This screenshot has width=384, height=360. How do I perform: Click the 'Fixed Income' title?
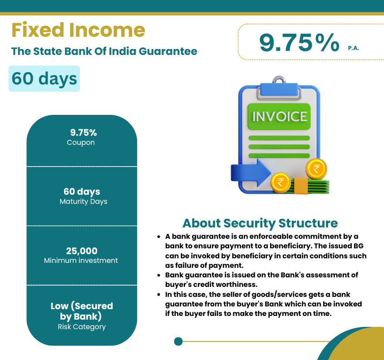pos(78,30)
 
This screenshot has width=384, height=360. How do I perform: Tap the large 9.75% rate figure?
pos(299,43)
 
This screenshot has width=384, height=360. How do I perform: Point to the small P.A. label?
pos(354,48)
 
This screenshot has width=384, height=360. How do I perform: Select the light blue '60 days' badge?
pos(44,79)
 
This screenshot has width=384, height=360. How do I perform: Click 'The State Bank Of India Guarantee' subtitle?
pos(104,51)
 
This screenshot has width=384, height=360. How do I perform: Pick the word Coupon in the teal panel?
pos(81,143)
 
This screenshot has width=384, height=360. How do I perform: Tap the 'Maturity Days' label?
pos(84,202)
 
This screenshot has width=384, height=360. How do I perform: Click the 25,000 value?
pos(82,251)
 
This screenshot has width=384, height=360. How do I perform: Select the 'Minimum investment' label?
pos(81,260)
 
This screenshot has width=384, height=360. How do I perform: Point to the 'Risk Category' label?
pos(82,327)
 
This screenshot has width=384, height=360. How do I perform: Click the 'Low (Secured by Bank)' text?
pos(82,311)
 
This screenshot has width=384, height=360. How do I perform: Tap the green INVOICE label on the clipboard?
pos(279,117)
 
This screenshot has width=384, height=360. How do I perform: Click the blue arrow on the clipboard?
pos(251,173)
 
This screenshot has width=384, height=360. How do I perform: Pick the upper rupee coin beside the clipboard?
pos(316,169)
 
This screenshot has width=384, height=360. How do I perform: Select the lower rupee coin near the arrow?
pos(281,182)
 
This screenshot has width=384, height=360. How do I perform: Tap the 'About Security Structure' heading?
pos(260,223)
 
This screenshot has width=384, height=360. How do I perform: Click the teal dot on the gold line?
pos(178,341)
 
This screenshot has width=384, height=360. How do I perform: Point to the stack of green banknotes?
pos(311,187)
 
